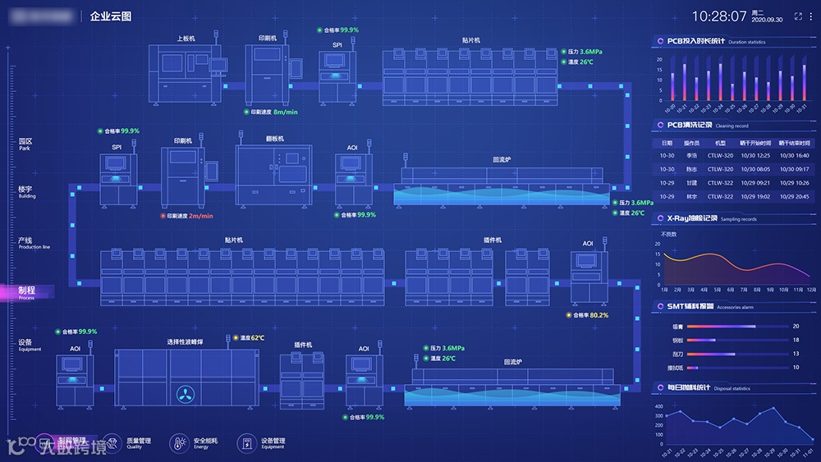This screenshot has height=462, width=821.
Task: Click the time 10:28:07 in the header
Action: pyautogui.click(x=719, y=16)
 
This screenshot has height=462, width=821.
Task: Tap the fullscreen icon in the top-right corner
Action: pyautogui.click(x=799, y=16)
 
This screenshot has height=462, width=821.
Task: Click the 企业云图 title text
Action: pyautogui.click(x=111, y=16)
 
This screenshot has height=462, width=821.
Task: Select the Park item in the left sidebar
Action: pyautogui.click(x=25, y=143)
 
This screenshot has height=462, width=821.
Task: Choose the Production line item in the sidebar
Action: pyautogui.click(x=34, y=242)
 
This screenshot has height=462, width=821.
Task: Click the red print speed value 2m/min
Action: pyautogui.click(x=201, y=216)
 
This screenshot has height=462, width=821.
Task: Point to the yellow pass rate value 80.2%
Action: pyautogui.click(x=599, y=315)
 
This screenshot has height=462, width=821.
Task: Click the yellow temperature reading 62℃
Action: pyautogui.click(x=257, y=337)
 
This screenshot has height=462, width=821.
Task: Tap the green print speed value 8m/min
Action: pyautogui.click(x=285, y=112)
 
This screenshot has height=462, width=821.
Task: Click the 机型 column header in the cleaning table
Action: pyautogui.click(x=721, y=143)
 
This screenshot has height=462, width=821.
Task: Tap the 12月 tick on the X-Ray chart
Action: pyautogui.click(x=811, y=290)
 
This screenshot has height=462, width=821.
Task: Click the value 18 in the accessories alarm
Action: pyautogui.click(x=796, y=340)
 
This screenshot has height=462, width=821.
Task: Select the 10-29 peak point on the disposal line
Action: pyautogui.click(x=773, y=409)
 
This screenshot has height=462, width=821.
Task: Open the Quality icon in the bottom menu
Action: pyautogui.click(x=112, y=443)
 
